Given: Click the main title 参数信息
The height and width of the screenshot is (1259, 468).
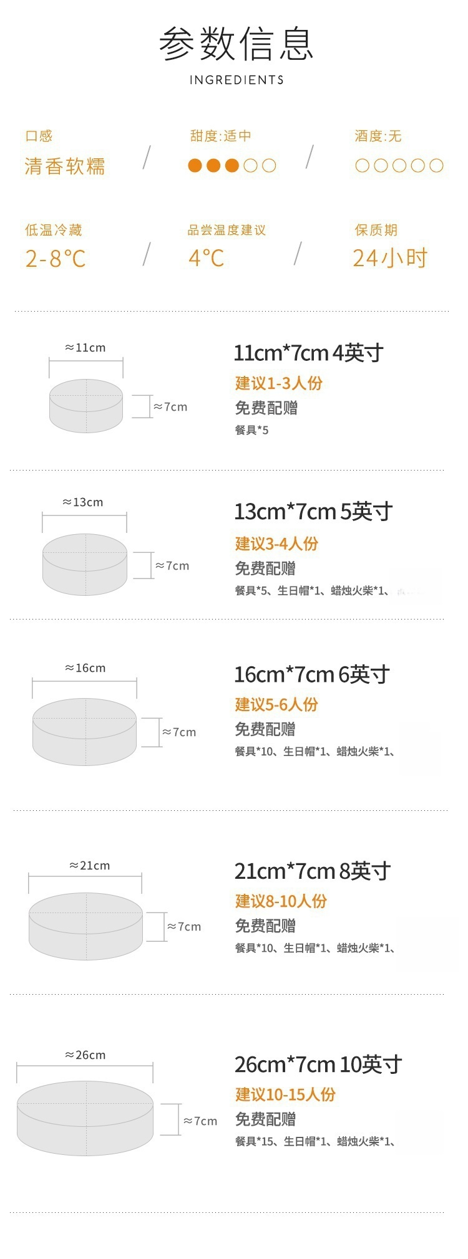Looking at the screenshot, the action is click(x=236, y=44).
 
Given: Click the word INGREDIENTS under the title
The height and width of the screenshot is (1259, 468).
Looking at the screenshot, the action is click(x=236, y=80).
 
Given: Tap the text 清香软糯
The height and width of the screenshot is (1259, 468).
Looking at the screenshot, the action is click(x=65, y=166).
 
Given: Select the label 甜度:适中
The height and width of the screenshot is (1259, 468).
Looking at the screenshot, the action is click(x=220, y=136).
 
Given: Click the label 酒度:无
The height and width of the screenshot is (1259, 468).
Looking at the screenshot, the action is click(x=378, y=136).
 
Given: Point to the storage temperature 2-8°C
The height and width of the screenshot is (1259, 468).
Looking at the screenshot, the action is click(x=56, y=258).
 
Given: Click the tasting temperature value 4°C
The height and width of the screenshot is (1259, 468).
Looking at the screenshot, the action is click(x=206, y=257).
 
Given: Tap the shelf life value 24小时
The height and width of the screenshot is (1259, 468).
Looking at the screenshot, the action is click(x=390, y=257).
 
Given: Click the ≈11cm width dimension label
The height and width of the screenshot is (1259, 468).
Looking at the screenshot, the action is click(x=85, y=348).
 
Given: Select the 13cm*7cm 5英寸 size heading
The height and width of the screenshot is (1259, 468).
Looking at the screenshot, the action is click(x=313, y=512).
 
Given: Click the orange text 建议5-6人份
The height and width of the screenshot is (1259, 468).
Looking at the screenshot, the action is click(x=276, y=704).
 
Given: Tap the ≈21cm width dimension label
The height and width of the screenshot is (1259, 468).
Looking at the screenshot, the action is click(x=90, y=866).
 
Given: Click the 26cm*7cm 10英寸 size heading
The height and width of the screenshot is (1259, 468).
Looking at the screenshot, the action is click(x=318, y=1065).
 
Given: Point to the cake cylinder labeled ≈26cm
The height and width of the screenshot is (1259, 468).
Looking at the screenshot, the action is click(x=85, y=1118).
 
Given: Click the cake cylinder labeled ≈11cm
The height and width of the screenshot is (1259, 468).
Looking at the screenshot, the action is click(x=86, y=406).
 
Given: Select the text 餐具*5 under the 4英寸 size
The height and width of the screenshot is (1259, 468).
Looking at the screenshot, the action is click(x=251, y=430).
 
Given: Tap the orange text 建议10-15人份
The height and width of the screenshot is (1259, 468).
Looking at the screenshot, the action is click(x=285, y=1094).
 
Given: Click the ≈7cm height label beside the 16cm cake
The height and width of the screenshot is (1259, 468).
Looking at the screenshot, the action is click(x=179, y=732).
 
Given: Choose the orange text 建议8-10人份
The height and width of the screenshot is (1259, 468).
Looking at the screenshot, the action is click(x=281, y=901).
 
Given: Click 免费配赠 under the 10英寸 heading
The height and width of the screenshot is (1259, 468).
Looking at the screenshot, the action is click(x=265, y=1119).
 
